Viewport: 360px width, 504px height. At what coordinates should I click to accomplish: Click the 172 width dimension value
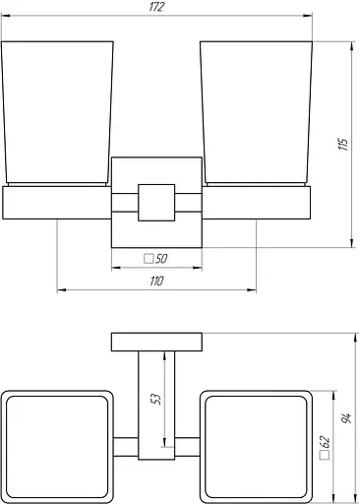pyautogui.click(x=156, y=7)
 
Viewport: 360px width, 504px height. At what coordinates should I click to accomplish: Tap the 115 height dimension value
pyautogui.click(x=343, y=144)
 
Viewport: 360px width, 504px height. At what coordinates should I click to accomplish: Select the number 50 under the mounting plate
pyautogui.click(x=161, y=259)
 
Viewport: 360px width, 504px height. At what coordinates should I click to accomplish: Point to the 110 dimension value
pyautogui.click(x=156, y=282)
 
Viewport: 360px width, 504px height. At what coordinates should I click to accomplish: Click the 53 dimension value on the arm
pyautogui.click(x=157, y=399)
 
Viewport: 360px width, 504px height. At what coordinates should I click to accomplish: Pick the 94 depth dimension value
pyautogui.click(x=346, y=418)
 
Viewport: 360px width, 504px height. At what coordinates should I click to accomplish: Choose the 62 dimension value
pyautogui.click(x=325, y=442)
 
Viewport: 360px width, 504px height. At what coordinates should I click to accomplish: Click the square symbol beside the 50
pyautogui.click(x=149, y=259)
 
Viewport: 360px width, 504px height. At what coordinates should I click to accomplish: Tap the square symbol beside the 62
pyautogui.click(x=325, y=455)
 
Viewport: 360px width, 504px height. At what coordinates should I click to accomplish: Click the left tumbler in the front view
pyautogui.click(x=57, y=113)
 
